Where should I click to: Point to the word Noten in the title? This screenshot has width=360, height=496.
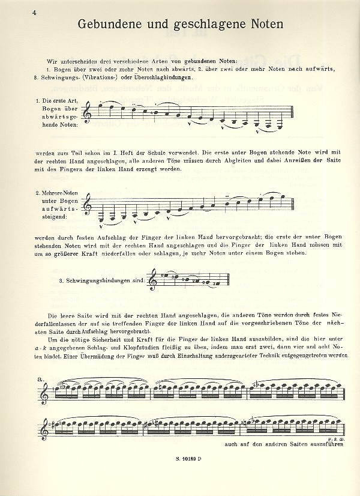click(265, 24)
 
